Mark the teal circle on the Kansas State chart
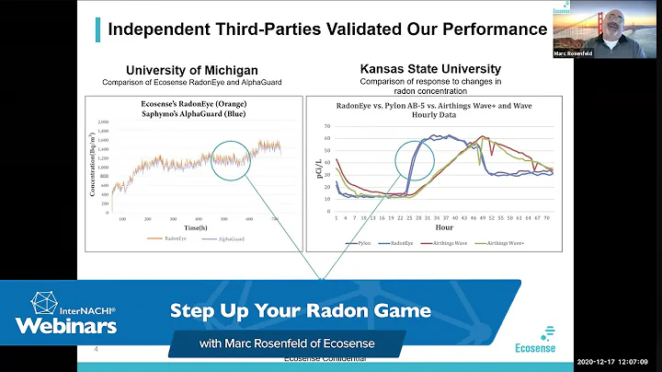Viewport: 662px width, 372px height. coord(423,165)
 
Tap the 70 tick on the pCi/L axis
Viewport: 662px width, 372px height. coord(328,124)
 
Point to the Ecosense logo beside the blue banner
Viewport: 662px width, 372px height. coord(548,340)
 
